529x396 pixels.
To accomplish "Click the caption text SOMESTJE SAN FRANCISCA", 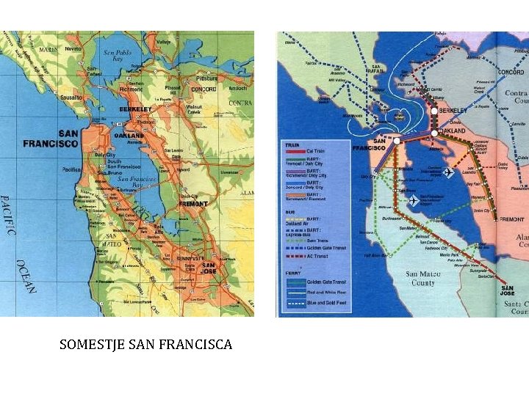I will coord(145,344).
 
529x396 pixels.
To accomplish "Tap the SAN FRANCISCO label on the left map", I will coord(50,139).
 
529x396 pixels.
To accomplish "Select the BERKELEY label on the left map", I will coord(135,109).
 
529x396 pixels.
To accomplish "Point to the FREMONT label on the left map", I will coord(192,203).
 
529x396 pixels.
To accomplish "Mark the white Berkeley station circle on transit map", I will coord(434,110).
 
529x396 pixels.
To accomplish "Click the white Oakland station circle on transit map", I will coord(434,133).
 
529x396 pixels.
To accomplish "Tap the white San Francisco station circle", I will coord(397,140).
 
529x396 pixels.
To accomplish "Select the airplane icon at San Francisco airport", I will coord(413,200).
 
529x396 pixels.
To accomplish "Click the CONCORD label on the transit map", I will coord(510,73).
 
